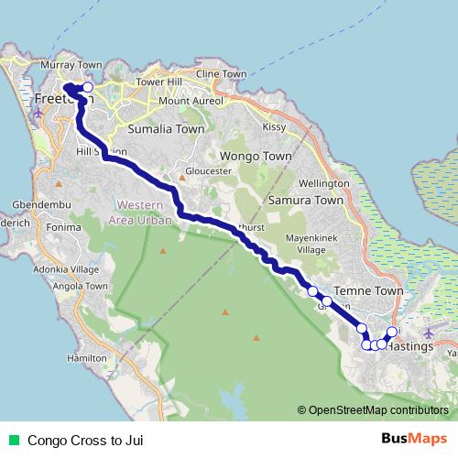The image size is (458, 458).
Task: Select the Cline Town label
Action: [222, 73]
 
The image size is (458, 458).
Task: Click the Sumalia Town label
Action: [167, 129]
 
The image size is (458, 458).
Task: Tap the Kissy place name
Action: [274, 126]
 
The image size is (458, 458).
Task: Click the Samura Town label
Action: [306, 200]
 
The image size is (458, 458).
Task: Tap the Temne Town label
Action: [369, 291]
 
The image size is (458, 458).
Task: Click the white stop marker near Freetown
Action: [88, 88]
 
